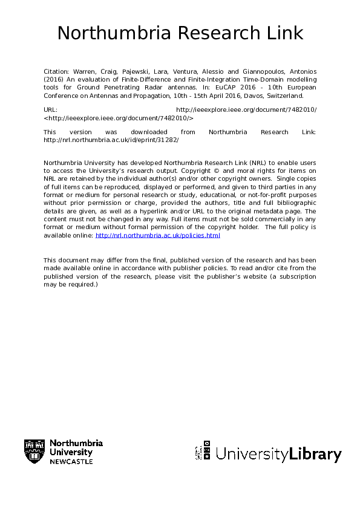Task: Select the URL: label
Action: [x=51, y=109]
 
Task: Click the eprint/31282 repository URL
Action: [x=111, y=140]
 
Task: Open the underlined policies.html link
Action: [x=158, y=235]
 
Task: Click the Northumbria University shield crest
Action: [x=34, y=452]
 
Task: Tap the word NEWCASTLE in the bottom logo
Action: [x=71, y=461]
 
